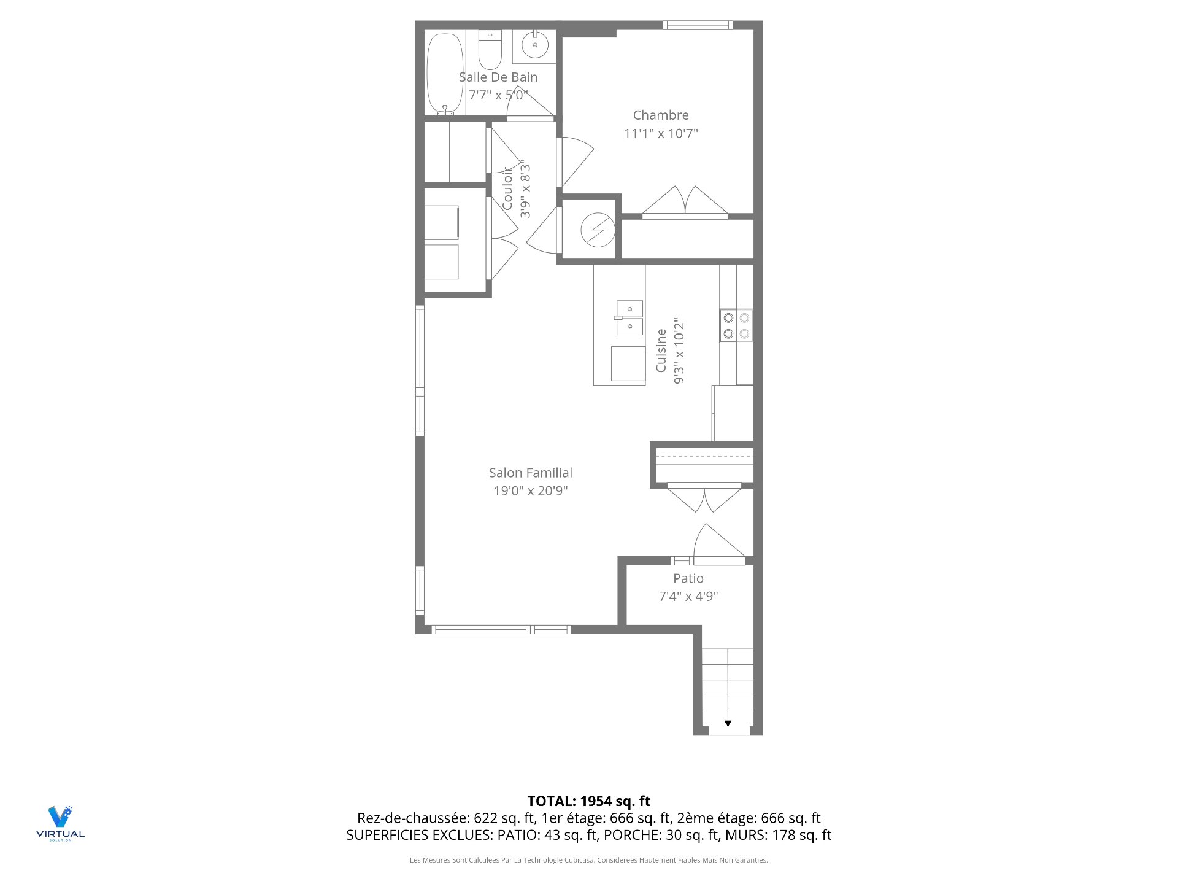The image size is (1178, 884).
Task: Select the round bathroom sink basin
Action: (x=535, y=45)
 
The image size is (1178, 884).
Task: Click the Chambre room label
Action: (x=661, y=115)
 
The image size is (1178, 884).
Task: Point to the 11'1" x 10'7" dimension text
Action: (x=661, y=133)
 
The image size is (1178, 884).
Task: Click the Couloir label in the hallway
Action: (x=507, y=188)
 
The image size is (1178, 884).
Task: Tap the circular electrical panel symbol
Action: (x=598, y=230)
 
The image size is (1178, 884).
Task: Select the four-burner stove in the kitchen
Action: (x=736, y=326)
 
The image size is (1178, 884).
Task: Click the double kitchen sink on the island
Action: (x=629, y=318)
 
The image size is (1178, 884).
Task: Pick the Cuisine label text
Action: (x=661, y=351)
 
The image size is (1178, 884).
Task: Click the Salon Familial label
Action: (x=531, y=473)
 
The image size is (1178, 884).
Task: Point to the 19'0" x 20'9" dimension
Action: (x=531, y=490)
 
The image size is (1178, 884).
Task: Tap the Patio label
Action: (x=688, y=578)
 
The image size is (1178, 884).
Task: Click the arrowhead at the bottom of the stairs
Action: (x=728, y=723)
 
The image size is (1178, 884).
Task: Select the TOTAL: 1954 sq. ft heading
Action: (x=589, y=801)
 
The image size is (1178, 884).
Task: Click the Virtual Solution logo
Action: (x=60, y=823)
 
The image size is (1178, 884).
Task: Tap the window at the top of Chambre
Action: (x=698, y=25)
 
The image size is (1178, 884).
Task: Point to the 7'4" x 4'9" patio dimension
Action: (x=688, y=596)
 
